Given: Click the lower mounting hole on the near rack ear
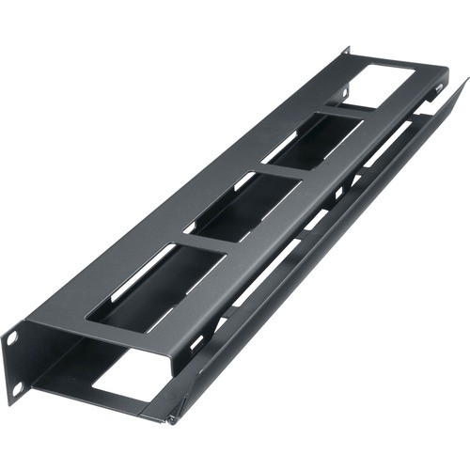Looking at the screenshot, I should point(15,385).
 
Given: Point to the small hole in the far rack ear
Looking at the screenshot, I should point(346,91).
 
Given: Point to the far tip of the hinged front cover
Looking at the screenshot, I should point(463,84).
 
